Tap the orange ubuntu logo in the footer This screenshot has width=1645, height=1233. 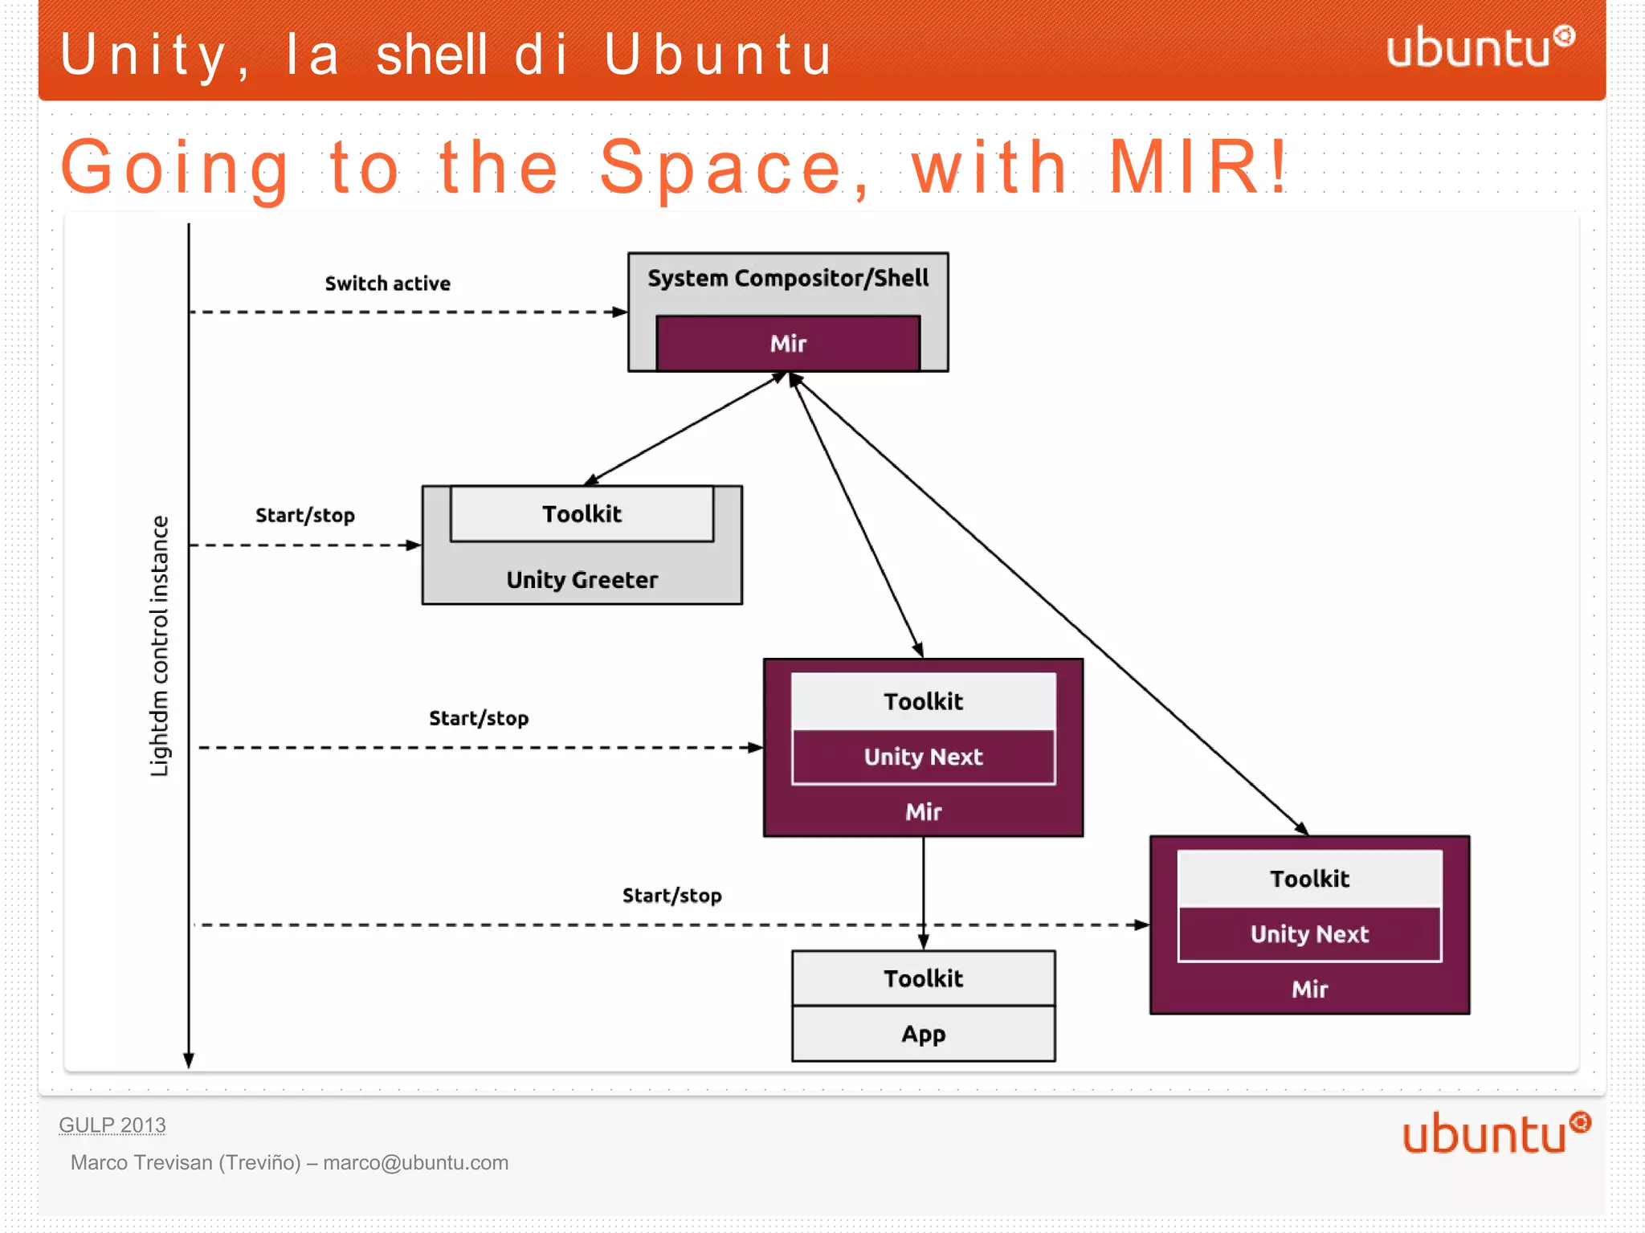(x=1495, y=1133)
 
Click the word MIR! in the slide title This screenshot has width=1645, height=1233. (x=1198, y=167)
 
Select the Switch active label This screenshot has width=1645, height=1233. (x=387, y=284)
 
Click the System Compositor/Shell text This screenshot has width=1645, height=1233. (x=787, y=278)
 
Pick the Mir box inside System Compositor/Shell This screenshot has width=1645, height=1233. (x=787, y=343)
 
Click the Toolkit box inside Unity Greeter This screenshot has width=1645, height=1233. (x=582, y=514)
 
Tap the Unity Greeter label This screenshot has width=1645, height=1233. (x=582, y=580)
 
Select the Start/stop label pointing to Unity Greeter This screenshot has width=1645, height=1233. (x=305, y=516)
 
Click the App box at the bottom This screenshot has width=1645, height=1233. (x=923, y=1034)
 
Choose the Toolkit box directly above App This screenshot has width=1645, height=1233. (x=923, y=978)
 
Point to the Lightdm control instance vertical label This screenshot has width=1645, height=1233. (x=160, y=646)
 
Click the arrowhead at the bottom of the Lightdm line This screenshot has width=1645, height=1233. (x=189, y=1060)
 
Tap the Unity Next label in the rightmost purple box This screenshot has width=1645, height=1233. (x=1309, y=934)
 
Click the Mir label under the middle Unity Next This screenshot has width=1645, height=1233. (x=923, y=812)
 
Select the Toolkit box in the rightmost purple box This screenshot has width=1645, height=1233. (x=1309, y=879)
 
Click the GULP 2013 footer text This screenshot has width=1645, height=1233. (x=112, y=1125)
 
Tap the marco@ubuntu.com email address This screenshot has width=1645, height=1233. (x=415, y=1162)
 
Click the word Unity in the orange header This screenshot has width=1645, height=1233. (x=145, y=55)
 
